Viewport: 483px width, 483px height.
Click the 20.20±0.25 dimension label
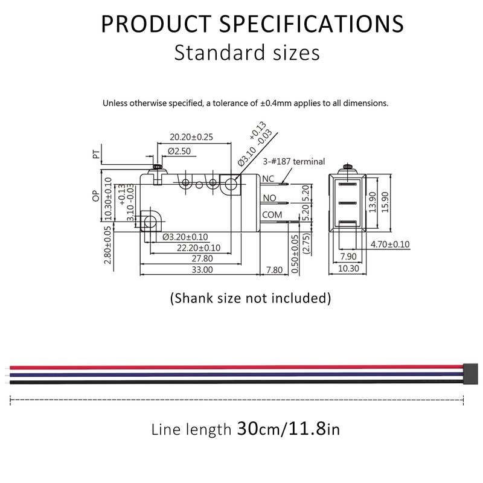click(x=191, y=137)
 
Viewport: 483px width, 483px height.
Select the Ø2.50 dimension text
click(x=179, y=150)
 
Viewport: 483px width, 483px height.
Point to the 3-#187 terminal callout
click(x=294, y=162)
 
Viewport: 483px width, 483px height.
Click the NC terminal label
click(x=269, y=179)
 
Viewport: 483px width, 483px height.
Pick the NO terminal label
click(x=269, y=198)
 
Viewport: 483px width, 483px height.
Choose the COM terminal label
click(x=272, y=215)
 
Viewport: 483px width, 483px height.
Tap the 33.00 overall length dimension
click(x=202, y=270)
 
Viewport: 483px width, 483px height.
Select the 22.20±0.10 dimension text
click(x=198, y=248)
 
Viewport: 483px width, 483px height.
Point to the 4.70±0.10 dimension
click(x=389, y=245)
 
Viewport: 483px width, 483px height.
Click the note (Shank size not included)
click(x=250, y=297)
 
